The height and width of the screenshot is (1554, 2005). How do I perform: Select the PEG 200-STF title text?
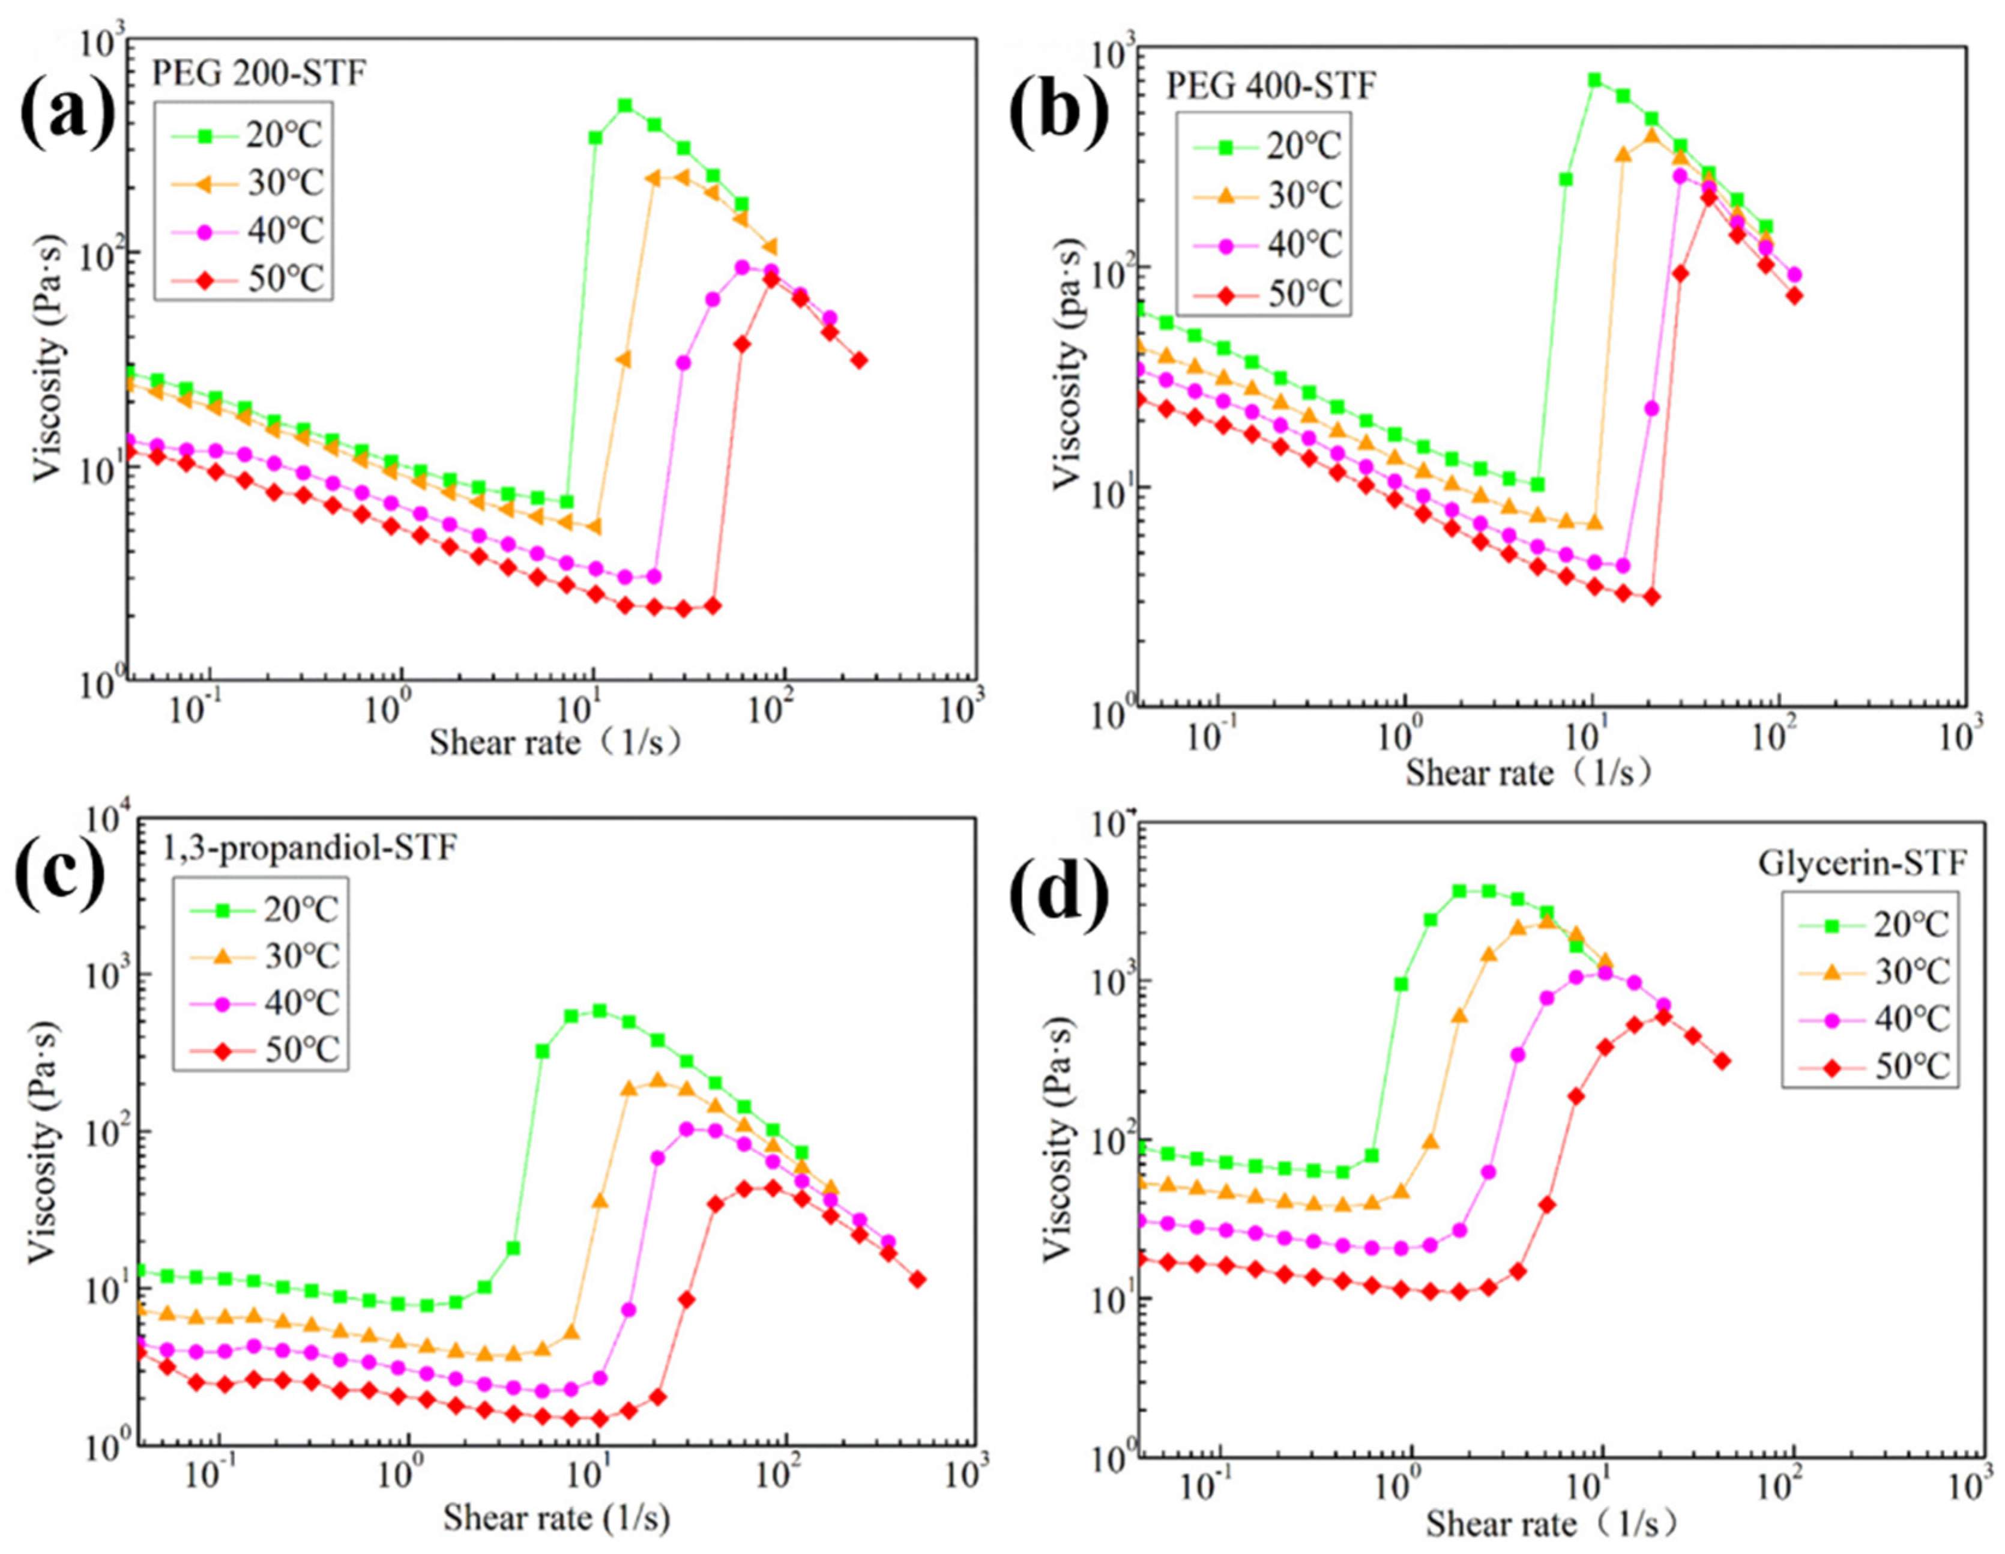[x=259, y=73]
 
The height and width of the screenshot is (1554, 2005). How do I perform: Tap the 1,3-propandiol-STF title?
[x=309, y=847]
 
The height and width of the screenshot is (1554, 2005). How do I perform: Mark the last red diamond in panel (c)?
[x=917, y=1280]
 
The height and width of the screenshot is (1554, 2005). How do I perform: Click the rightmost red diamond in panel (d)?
[x=1722, y=1061]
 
